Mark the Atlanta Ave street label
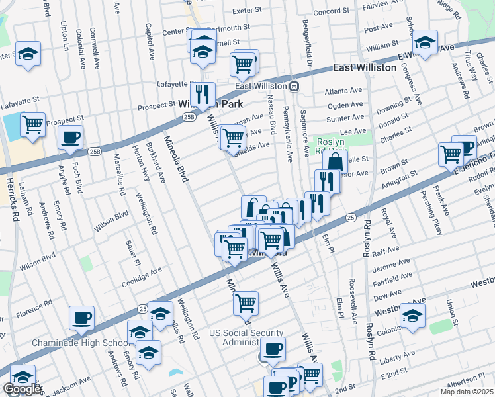click(343, 91)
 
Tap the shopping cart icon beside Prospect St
click(32, 124)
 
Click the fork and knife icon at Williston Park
click(202, 93)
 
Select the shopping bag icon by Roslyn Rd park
click(336, 161)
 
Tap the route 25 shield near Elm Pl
click(350, 217)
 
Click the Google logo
click(22, 388)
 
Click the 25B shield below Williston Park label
click(189, 117)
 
